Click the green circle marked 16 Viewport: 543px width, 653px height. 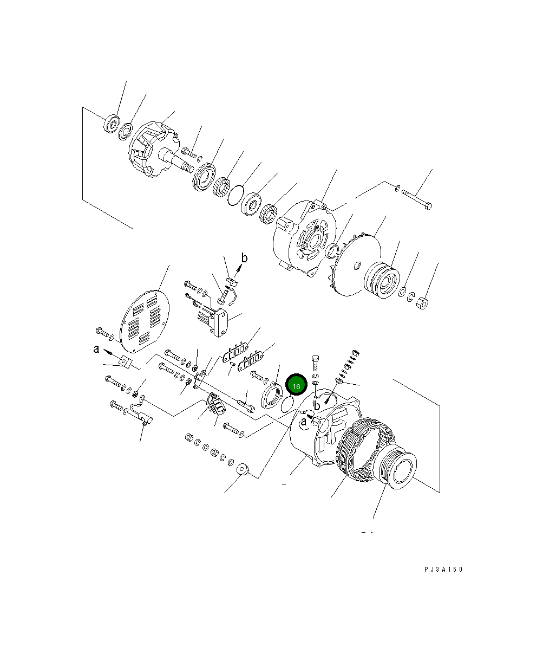point(296,386)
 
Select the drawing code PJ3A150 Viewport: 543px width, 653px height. point(443,570)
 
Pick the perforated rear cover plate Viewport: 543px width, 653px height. point(144,319)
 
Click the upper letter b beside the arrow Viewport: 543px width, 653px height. point(244,258)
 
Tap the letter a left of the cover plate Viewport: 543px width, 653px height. point(96,350)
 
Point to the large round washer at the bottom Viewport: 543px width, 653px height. point(241,469)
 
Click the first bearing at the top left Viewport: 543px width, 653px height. point(112,124)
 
